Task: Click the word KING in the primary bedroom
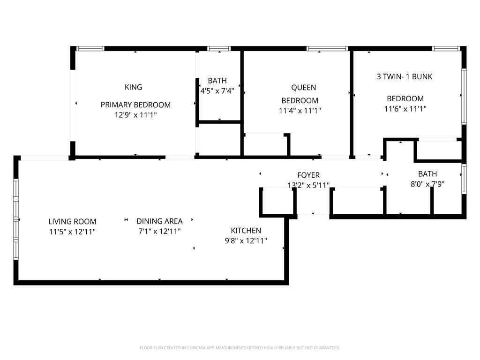click(x=133, y=87)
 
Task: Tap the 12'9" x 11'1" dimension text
click(x=135, y=115)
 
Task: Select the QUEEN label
click(x=303, y=88)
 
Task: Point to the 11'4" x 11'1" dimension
click(x=300, y=111)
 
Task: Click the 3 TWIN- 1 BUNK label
click(x=405, y=76)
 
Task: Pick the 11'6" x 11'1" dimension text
click(x=405, y=109)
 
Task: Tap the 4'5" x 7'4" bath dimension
click(x=217, y=91)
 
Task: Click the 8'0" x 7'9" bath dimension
click(x=427, y=184)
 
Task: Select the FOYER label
click(x=308, y=175)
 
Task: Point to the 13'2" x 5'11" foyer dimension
click(x=308, y=185)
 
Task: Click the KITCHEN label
click(x=246, y=231)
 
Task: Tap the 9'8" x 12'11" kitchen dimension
click(x=246, y=241)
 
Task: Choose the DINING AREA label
click(x=159, y=221)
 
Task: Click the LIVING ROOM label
click(x=72, y=221)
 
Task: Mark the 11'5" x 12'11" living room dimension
click(x=72, y=232)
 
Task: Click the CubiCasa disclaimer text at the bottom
click(x=240, y=348)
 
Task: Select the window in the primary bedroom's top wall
click(x=90, y=48)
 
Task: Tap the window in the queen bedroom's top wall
click(x=327, y=48)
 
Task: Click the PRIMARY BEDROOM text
click(x=135, y=105)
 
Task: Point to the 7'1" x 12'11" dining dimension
click(x=159, y=232)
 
